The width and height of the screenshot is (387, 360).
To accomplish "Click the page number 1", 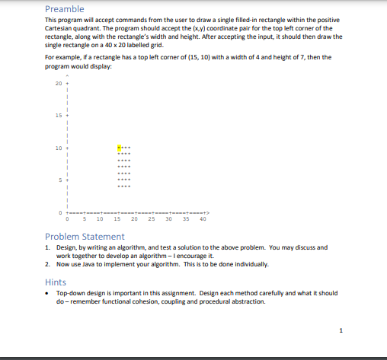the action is pyautogui.click(x=342, y=330).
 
